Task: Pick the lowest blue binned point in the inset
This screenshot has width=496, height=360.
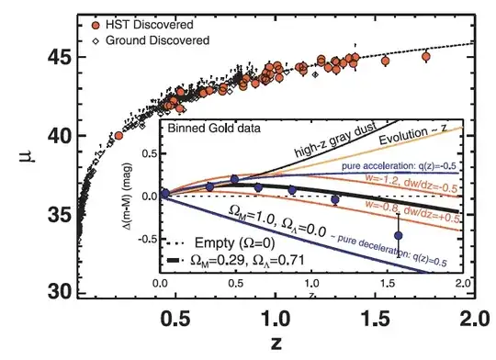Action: click(x=399, y=235)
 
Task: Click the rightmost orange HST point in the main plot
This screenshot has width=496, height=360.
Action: click(x=425, y=57)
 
